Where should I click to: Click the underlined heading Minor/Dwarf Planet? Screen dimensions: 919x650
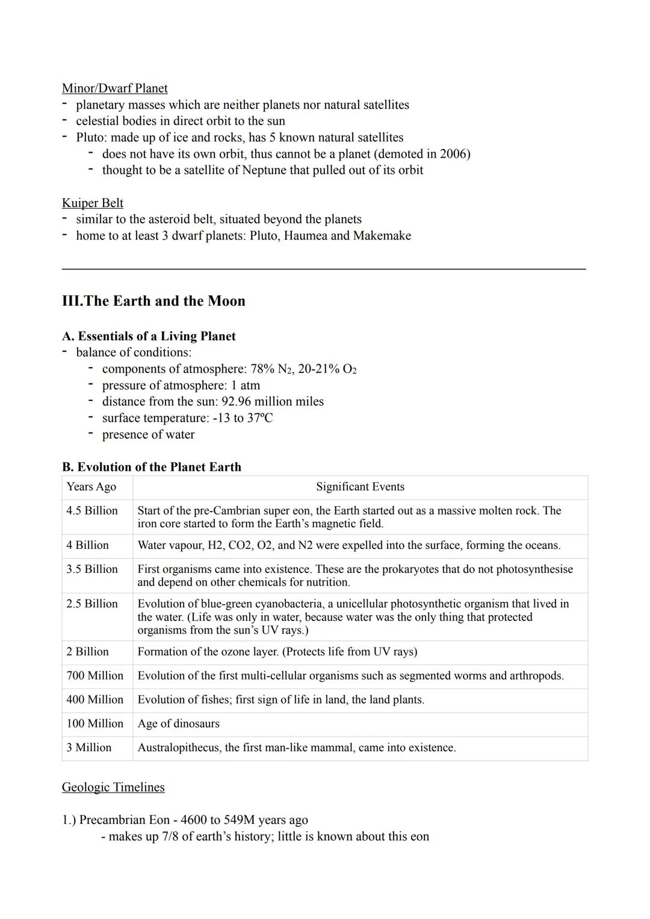pos(114,88)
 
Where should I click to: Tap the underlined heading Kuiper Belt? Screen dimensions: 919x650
pos(92,203)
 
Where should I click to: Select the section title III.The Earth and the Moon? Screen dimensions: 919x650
pos(153,301)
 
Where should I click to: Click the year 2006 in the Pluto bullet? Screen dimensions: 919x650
pos(453,153)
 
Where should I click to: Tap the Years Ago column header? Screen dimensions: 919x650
pos(91,487)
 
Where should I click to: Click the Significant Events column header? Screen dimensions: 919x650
pos(360,487)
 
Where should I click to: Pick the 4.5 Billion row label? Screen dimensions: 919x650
pos(91,510)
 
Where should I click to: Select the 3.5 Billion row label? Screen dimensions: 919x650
pos(91,569)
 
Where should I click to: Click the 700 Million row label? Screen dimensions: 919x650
pos(94,675)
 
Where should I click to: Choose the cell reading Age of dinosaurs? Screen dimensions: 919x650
pos(178,723)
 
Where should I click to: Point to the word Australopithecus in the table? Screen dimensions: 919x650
pos(178,747)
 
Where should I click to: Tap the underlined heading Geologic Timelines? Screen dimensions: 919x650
pos(113,787)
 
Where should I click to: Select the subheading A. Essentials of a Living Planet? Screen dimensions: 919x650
pos(149,336)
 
